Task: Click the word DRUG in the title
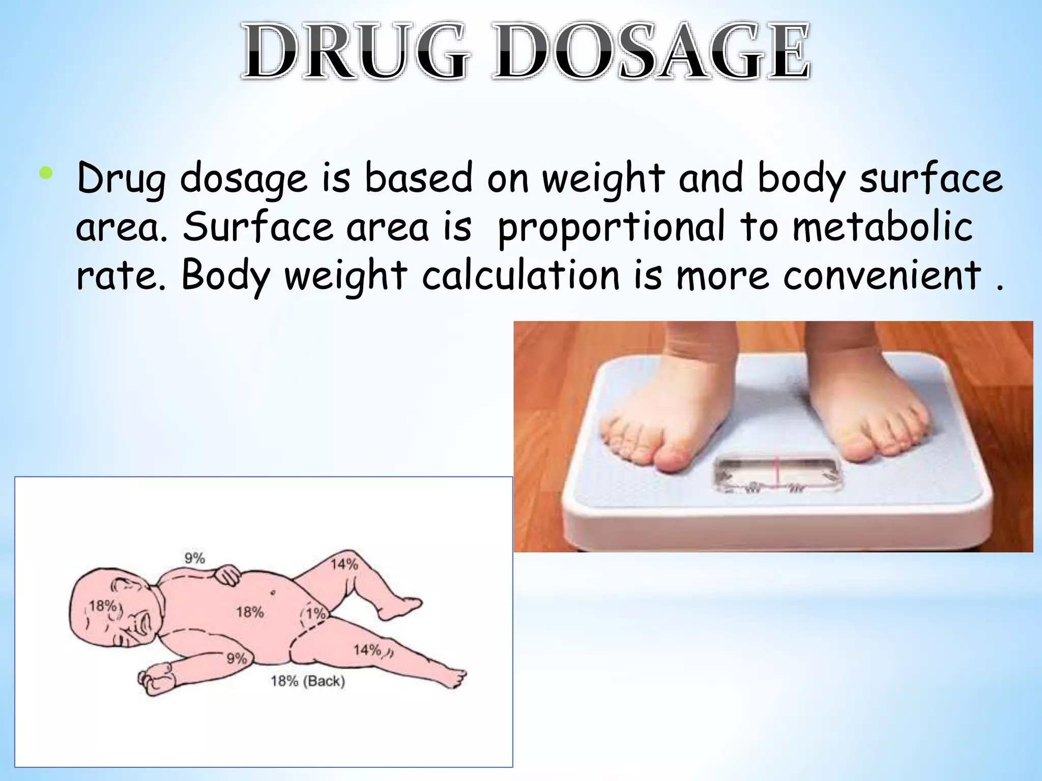click(354, 51)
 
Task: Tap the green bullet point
click(45, 174)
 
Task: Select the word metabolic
click(883, 227)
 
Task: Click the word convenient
click(882, 275)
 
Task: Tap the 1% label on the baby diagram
click(315, 613)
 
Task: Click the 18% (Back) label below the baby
click(308, 681)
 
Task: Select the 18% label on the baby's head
click(103, 606)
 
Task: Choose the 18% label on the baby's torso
click(250, 612)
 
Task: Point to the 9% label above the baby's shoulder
click(194, 558)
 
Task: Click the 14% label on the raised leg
click(344, 564)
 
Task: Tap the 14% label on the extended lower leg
click(367, 650)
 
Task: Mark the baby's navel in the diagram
click(273, 592)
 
